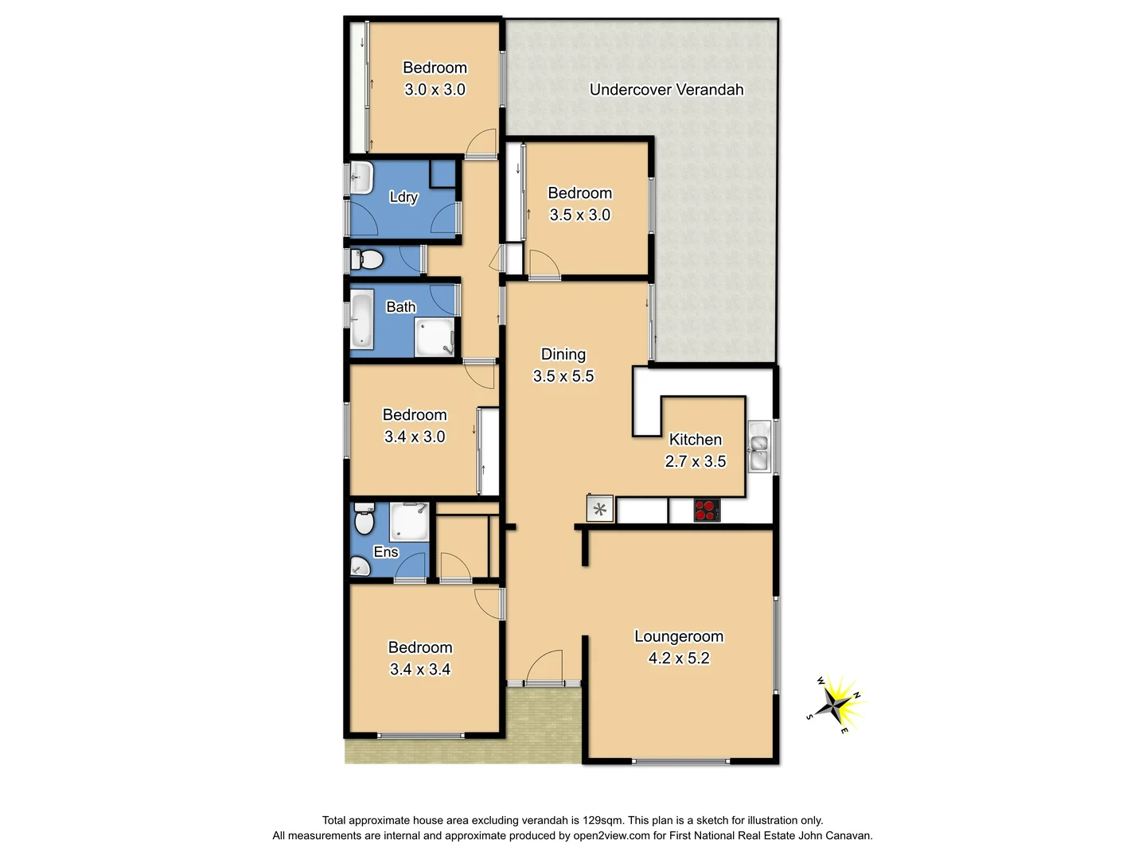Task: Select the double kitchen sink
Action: (x=759, y=448)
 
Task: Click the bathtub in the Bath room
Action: (x=362, y=320)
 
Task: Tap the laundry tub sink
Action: (x=361, y=177)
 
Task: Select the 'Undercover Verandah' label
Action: (x=666, y=90)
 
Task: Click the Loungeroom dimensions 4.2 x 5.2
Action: (x=679, y=658)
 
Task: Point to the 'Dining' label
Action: (x=563, y=355)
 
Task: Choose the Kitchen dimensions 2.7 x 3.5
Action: (x=696, y=461)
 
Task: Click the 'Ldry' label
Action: (x=403, y=197)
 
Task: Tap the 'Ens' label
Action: (x=386, y=552)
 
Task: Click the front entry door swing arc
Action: (x=544, y=666)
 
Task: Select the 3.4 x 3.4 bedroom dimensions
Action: (x=420, y=670)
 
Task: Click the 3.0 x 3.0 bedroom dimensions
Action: (x=435, y=90)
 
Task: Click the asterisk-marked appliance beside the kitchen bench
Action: (x=600, y=509)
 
